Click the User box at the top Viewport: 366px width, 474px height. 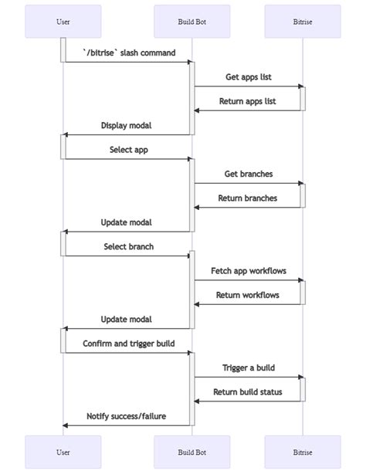(x=63, y=22)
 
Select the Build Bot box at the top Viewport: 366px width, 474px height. (x=191, y=22)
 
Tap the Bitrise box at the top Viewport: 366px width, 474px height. (x=303, y=22)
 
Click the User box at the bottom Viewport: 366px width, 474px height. (x=63, y=452)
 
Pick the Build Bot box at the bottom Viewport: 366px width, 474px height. (x=191, y=452)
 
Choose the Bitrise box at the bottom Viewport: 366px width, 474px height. (x=303, y=452)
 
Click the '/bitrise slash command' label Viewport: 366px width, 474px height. (x=128, y=53)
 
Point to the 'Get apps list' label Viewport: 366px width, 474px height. (x=248, y=77)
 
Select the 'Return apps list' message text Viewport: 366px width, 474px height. (x=248, y=101)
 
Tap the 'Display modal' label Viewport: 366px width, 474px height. (x=126, y=126)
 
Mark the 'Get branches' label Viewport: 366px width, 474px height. (x=248, y=174)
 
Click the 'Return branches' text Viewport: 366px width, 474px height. (x=248, y=198)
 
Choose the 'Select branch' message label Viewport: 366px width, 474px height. (x=128, y=247)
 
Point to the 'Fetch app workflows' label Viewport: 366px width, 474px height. (x=248, y=271)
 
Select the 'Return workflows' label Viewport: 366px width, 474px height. (x=248, y=295)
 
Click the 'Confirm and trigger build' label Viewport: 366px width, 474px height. (x=128, y=344)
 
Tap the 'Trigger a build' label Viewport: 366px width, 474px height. (x=248, y=368)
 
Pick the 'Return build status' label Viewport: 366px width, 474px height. (x=248, y=392)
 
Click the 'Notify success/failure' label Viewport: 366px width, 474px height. (x=126, y=417)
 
